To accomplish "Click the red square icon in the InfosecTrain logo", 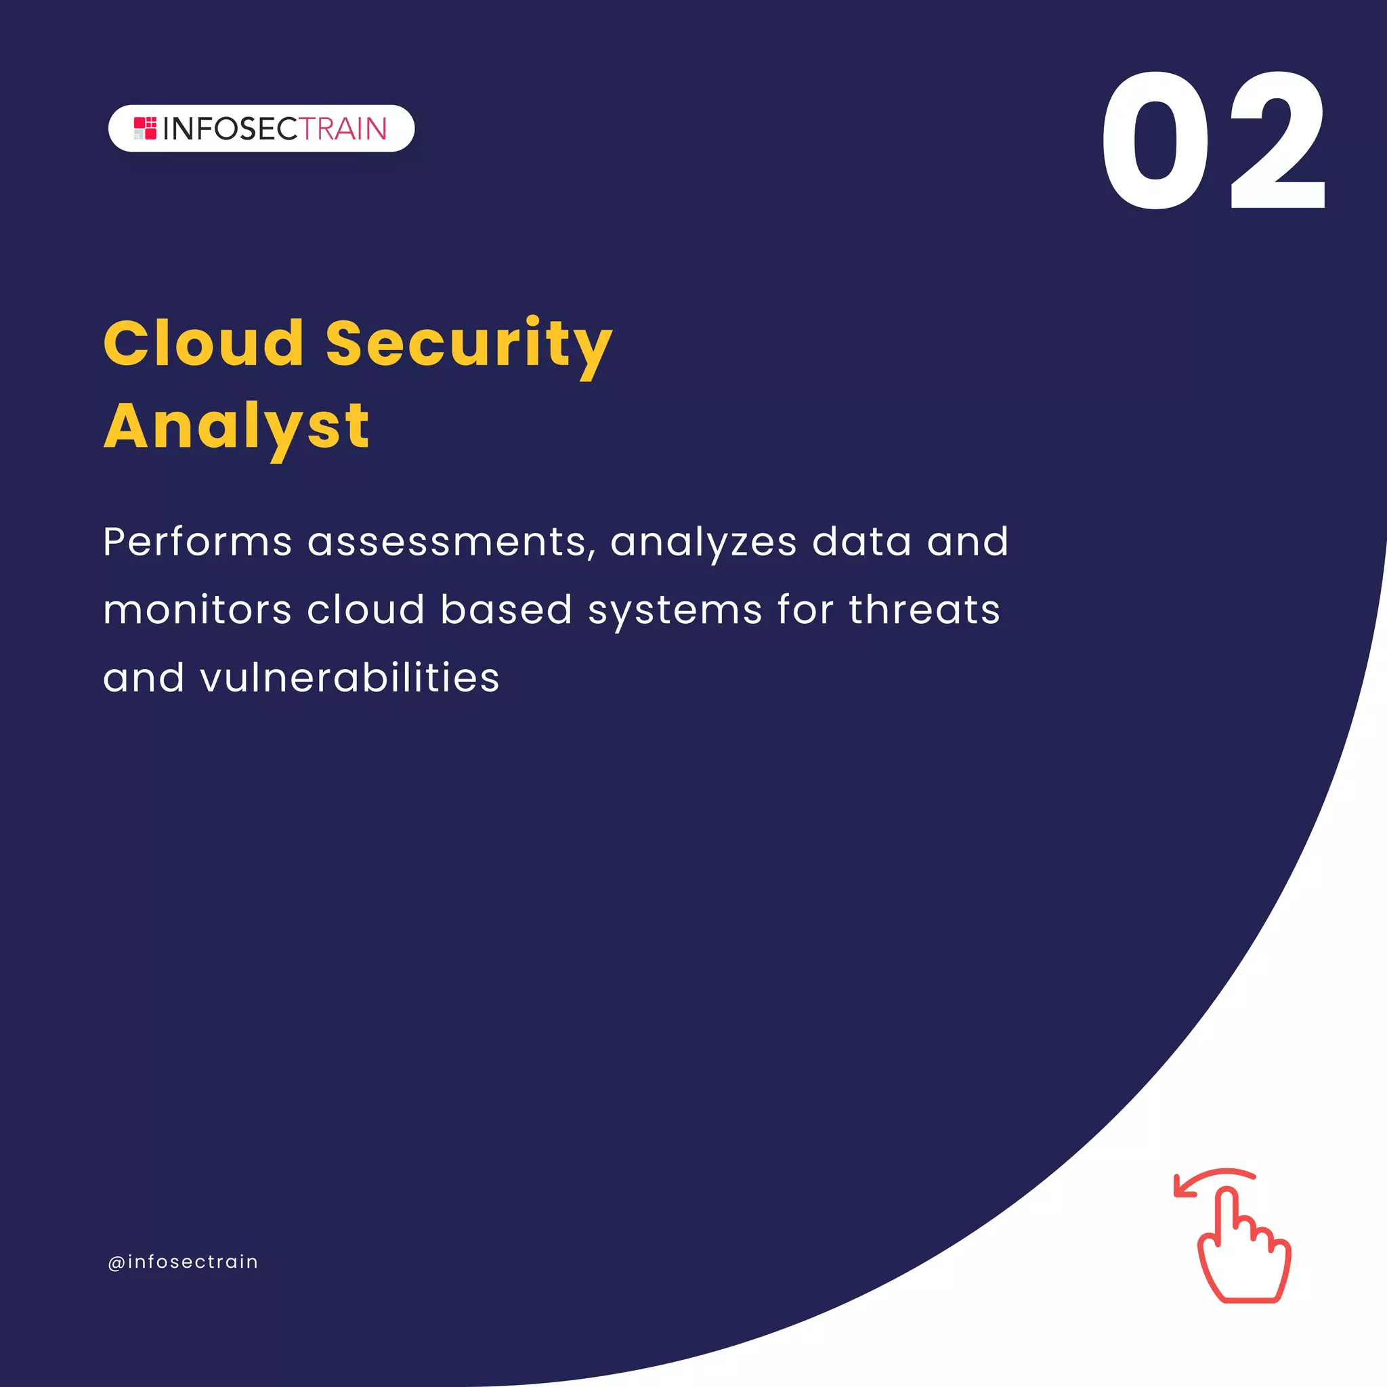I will pyautogui.click(x=145, y=129).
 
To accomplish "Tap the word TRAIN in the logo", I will pyautogui.click(x=343, y=129).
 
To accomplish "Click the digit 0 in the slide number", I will pyautogui.click(x=1156, y=142).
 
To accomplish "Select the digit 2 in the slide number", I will pyautogui.click(x=1278, y=142).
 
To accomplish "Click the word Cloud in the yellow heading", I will pyautogui.click(x=204, y=343).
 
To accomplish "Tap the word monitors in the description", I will pyautogui.click(x=196, y=610).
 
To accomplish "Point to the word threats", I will pyautogui.click(x=924, y=610).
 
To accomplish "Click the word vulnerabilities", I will pyautogui.click(x=349, y=678).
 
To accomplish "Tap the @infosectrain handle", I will pyautogui.click(x=182, y=1261).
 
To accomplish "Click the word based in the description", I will pyautogui.click(x=506, y=610).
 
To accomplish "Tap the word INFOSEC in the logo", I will pyautogui.click(x=230, y=129).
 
